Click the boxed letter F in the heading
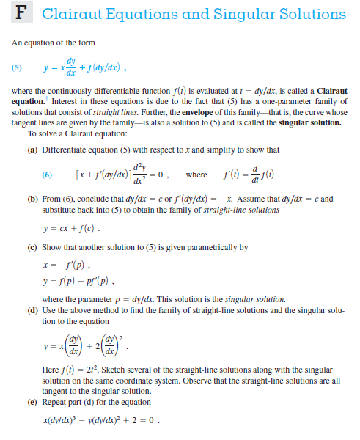21,15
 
